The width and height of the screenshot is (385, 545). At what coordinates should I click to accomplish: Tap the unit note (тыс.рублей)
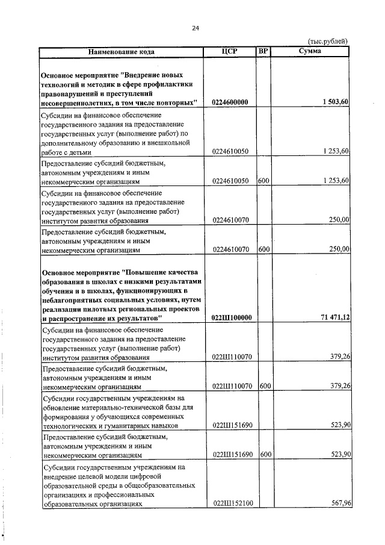point(327,41)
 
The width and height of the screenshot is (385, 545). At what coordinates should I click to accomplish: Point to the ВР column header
point(263,51)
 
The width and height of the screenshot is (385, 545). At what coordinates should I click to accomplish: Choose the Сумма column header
point(310,51)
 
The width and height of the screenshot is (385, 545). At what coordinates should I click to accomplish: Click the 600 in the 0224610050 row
point(263,180)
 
